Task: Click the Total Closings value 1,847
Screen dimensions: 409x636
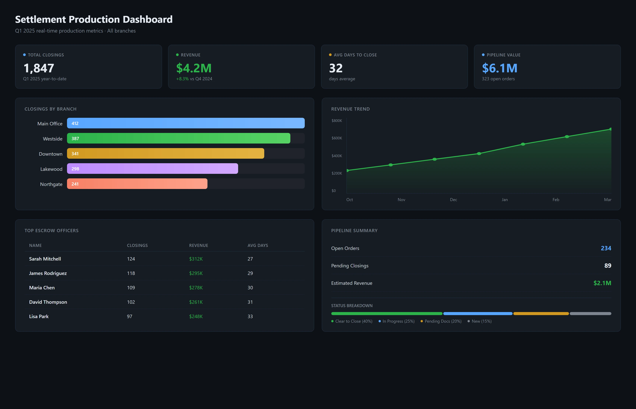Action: [39, 68]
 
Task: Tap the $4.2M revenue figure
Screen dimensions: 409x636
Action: [194, 68]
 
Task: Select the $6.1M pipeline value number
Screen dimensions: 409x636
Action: [499, 68]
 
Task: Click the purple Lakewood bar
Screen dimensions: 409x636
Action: [152, 169]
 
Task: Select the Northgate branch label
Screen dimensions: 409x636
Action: [51, 184]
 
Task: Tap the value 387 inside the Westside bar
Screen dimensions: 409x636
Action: [75, 139]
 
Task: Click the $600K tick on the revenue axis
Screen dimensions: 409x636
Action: [337, 138]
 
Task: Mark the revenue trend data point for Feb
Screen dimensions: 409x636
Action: [567, 137]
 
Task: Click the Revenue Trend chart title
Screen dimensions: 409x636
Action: [350, 109]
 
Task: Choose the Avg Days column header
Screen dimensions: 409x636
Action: [257, 245]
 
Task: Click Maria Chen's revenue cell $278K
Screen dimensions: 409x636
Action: [196, 288]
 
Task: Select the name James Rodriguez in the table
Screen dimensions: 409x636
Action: [48, 273]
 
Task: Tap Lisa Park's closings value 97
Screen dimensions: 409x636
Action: [129, 316]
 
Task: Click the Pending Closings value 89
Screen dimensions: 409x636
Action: [607, 266]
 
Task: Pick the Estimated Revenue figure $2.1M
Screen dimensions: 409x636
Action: [602, 283]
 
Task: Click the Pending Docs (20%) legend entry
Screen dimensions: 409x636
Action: [443, 321]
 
